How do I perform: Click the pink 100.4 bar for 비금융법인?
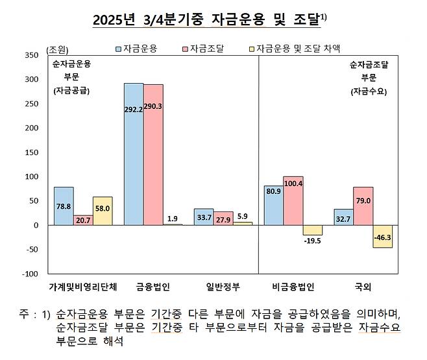(x=293, y=200)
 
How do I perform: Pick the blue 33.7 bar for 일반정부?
(x=204, y=217)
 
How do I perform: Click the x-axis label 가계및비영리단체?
(x=83, y=286)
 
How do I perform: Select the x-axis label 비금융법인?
(x=293, y=286)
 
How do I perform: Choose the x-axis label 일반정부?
(x=223, y=286)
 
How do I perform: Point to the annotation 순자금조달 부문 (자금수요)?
(x=368, y=78)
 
